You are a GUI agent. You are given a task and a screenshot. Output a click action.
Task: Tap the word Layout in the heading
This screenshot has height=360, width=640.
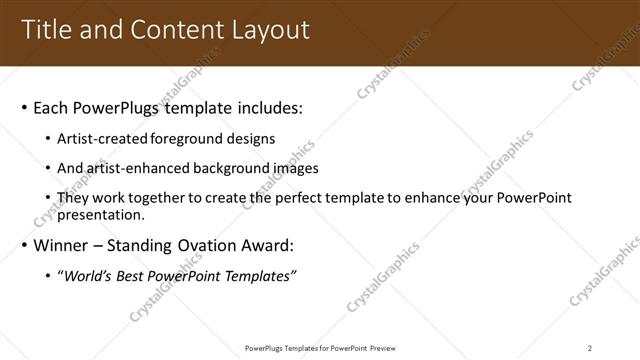point(270,30)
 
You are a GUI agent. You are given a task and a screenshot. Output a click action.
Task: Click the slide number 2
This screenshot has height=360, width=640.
point(590,348)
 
